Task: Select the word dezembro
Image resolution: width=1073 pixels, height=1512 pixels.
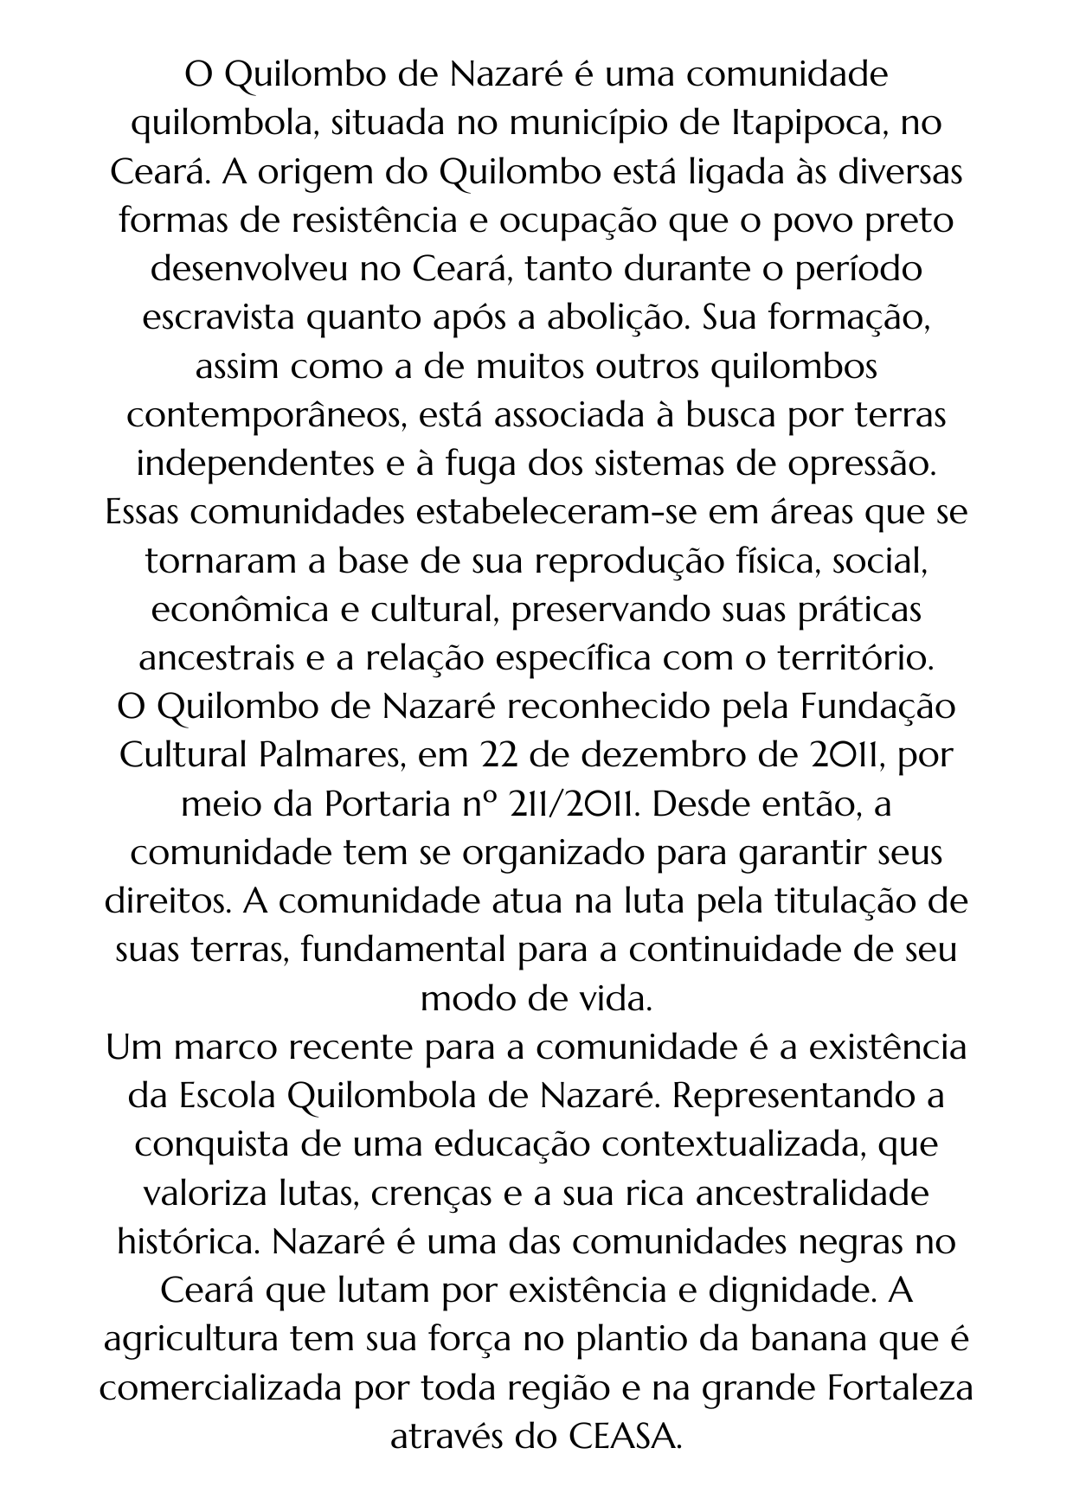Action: click(658, 755)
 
